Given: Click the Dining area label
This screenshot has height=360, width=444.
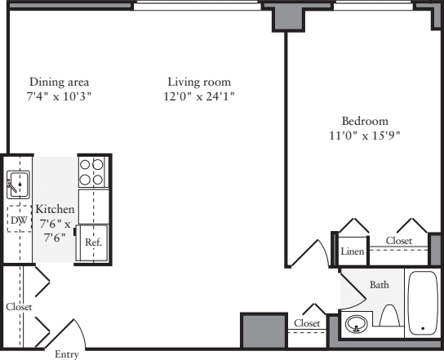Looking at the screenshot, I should click(x=59, y=82).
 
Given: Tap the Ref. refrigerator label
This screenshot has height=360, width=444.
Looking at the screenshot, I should click(x=92, y=242).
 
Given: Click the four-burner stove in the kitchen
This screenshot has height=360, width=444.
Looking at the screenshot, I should click(x=91, y=172).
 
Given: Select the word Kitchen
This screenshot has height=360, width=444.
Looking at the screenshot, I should click(x=55, y=210).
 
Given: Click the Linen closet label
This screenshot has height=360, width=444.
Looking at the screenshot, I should click(x=352, y=251).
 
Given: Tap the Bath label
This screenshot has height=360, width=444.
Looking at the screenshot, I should click(x=380, y=285).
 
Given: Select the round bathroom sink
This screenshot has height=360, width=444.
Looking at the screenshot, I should click(x=356, y=326).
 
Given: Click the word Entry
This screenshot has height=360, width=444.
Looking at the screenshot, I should click(x=66, y=354).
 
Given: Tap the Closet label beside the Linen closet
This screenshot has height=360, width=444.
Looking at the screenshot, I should click(x=399, y=241).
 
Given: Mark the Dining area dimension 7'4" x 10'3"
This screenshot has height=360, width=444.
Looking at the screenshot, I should click(x=59, y=96).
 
